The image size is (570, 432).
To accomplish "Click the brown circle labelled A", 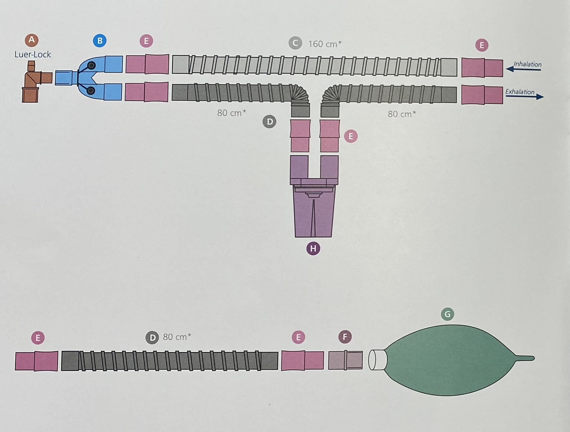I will click(x=31, y=40).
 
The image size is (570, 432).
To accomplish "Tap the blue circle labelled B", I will click(x=100, y=41).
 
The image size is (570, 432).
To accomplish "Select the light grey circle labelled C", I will click(x=295, y=43).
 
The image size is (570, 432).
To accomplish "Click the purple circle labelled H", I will click(x=313, y=248).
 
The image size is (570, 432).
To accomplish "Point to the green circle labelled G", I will click(x=447, y=314).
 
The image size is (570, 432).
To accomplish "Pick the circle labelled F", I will click(x=345, y=337).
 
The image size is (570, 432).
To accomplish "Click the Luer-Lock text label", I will click(x=33, y=55).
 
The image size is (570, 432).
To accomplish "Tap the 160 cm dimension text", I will click(x=324, y=44).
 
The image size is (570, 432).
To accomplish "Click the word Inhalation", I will click(x=527, y=64).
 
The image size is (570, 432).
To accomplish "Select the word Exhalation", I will click(x=520, y=92).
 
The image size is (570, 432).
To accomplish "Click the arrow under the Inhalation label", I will click(x=524, y=69).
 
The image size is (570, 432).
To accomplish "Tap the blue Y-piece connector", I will click(x=90, y=78).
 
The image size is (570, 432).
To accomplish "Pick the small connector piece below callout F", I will click(x=345, y=360).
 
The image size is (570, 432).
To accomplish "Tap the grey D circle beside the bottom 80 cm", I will click(x=152, y=338).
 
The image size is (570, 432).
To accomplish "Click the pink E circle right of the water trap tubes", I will click(x=351, y=136).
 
